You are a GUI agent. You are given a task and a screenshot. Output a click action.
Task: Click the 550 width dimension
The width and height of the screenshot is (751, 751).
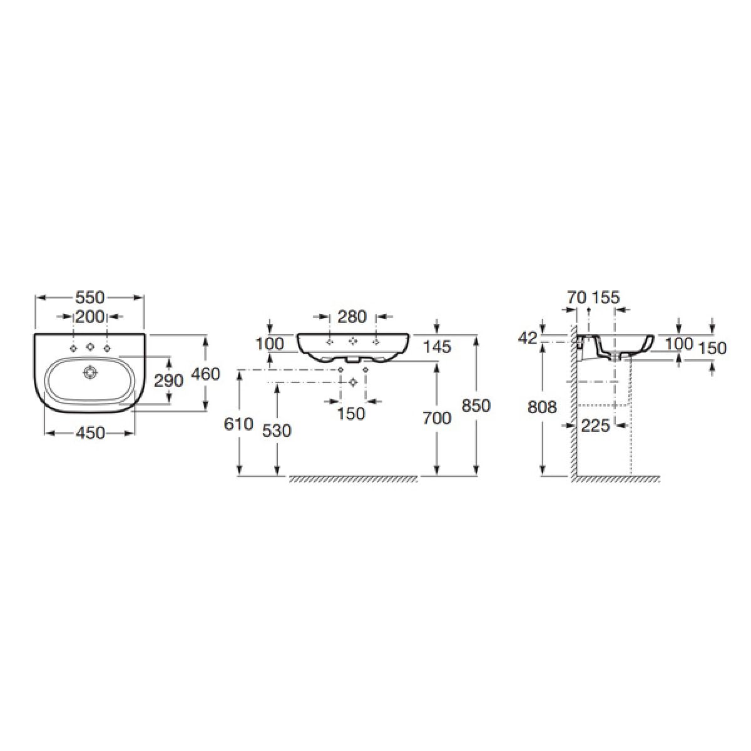[90, 298]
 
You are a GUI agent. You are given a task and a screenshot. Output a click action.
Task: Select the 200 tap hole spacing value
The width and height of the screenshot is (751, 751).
[90, 317]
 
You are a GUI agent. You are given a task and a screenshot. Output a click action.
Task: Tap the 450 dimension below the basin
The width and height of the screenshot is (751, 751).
[90, 433]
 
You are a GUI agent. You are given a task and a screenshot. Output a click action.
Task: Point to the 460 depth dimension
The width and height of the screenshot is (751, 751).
[206, 374]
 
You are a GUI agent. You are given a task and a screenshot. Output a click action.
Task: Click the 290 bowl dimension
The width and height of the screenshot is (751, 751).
[169, 381]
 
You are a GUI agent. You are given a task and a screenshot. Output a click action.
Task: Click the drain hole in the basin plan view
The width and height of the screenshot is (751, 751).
[90, 372]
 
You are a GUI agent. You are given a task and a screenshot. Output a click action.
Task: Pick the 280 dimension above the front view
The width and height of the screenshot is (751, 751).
[352, 317]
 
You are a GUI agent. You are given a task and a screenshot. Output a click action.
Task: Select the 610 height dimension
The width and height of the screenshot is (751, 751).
[238, 424]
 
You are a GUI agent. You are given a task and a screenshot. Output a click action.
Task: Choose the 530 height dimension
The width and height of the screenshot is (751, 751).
[277, 431]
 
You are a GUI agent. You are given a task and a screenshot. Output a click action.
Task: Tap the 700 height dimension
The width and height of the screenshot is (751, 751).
[437, 418]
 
